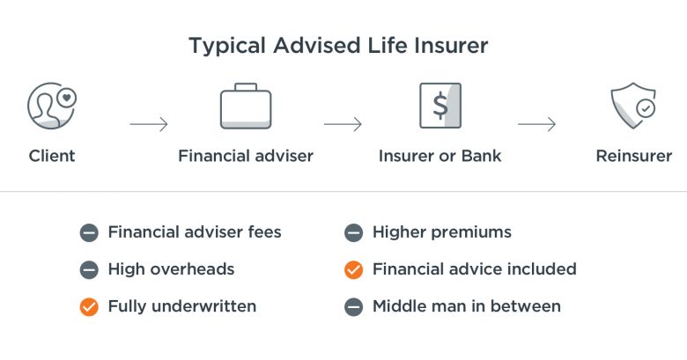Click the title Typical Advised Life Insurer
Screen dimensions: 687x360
(338, 47)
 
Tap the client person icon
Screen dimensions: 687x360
(52, 106)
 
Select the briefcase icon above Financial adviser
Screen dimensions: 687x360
(246, 106)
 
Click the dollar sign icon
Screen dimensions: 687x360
(440, 106)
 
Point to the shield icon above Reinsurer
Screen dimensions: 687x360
(633, 106)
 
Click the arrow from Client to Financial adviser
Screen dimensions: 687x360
(149, 124)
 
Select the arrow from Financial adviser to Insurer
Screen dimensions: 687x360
(343, 124)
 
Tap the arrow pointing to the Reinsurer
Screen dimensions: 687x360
(537, 124)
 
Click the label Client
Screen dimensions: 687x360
(52, 156)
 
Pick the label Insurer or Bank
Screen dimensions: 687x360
(440, 156)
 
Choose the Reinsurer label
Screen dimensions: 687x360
(634, 156)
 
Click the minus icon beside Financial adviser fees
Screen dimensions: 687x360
(89, 232)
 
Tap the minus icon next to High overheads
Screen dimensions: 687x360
(89, 270)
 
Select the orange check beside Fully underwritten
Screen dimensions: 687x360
(89, 307)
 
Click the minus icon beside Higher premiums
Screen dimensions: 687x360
(353, 232)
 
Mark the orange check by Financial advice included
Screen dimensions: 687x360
(353, 270)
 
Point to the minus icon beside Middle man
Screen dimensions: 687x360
(353, 307)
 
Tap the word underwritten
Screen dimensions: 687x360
(203, 306)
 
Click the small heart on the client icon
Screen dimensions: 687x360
(67, 98)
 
